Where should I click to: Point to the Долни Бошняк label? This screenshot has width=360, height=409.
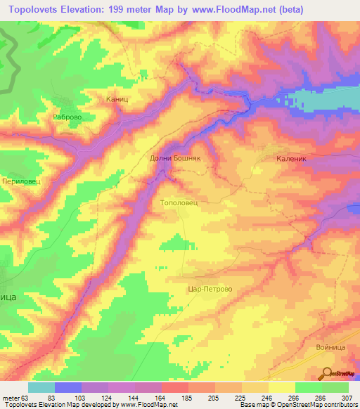pyautogui.click(x=176, y=159)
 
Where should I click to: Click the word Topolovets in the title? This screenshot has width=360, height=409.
pyautogui.click(x=36, y=11)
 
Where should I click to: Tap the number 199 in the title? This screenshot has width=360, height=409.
pyautogui.click(x=123, y=11)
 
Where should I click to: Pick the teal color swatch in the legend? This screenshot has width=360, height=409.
pyautogui.click(x=41, y=387)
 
